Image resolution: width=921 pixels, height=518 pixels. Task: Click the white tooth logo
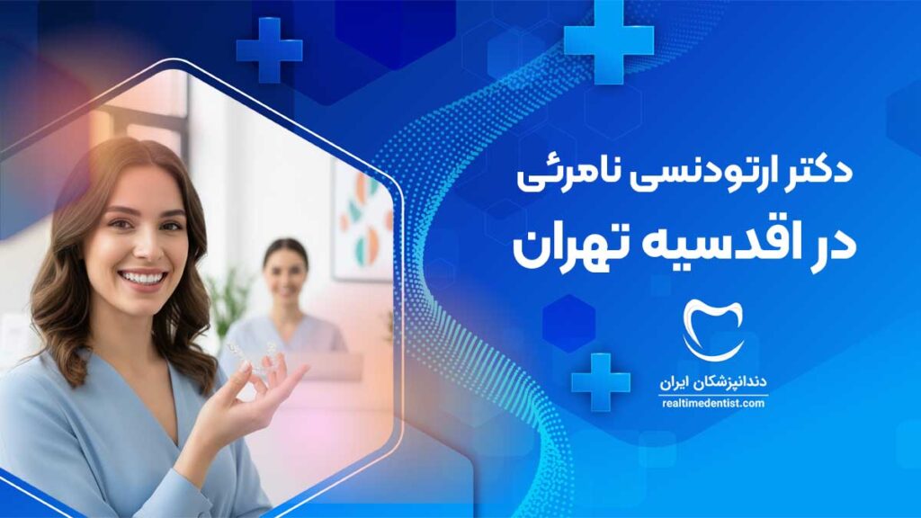click(x=713, y=329)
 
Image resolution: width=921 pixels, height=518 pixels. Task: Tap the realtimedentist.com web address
click(x=713, y=404)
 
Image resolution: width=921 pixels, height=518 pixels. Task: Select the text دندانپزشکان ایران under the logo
click(x=713, y=382)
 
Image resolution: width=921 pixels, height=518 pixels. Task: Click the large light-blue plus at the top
click(x=609, y=40)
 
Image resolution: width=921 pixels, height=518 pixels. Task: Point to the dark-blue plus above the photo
click(x=269, y=50)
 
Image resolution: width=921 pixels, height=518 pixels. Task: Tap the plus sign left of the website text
click(x=600, y=381)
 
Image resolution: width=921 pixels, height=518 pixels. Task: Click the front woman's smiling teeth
click(x=143, y=278)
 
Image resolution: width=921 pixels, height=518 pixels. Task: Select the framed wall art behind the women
click(x=363, y=219)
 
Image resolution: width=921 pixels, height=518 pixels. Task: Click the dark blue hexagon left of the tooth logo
click(x=568, y=324)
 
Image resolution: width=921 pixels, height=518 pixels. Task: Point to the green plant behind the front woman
click(x=226, y=306)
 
